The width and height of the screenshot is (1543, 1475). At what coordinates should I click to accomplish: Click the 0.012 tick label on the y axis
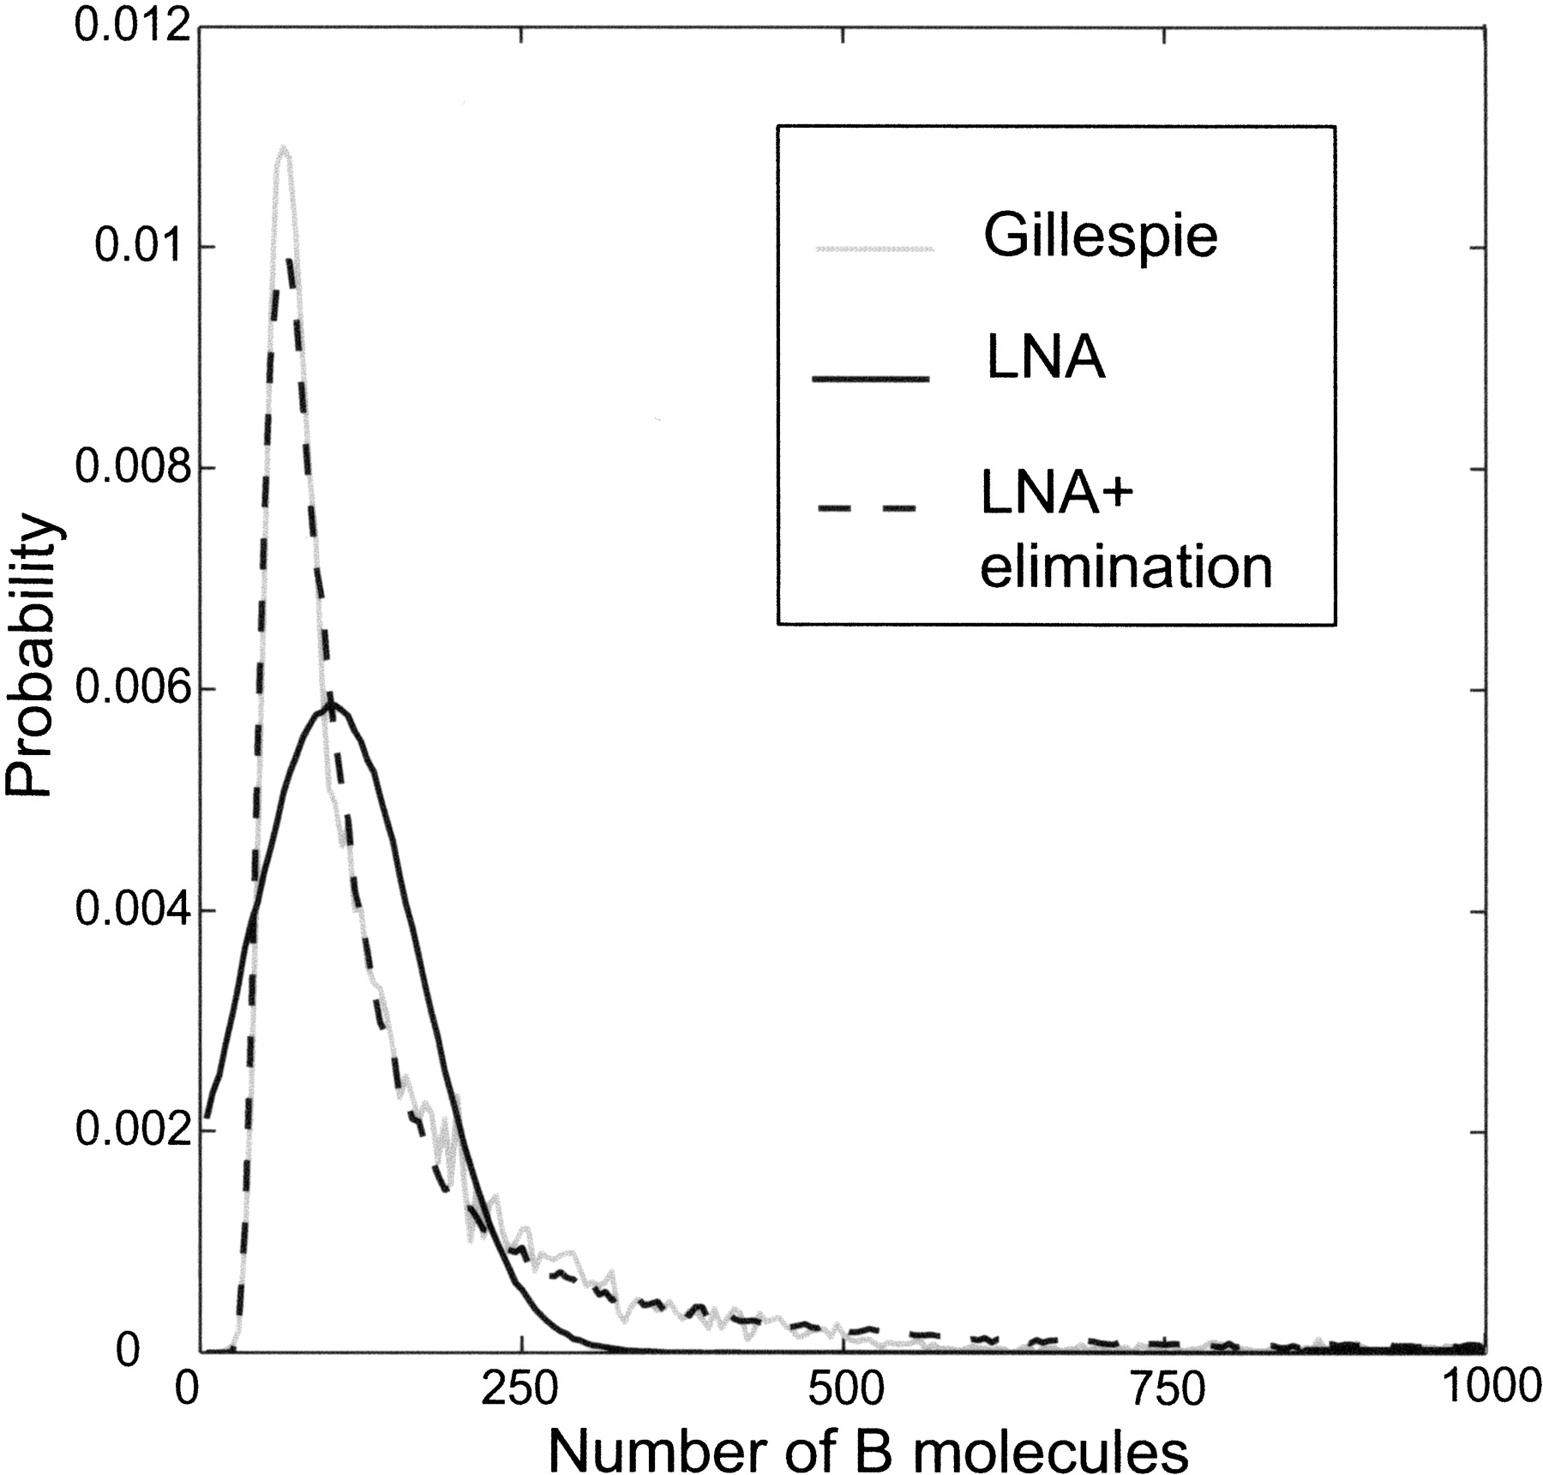129,26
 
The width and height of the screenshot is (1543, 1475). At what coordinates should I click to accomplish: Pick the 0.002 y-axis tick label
129,1131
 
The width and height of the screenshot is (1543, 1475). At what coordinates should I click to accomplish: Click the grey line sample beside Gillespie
874,249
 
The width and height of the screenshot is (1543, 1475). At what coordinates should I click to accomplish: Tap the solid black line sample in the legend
871,378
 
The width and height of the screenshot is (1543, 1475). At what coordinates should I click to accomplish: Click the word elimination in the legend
1126,566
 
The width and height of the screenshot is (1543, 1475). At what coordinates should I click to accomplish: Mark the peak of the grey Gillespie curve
283,149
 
